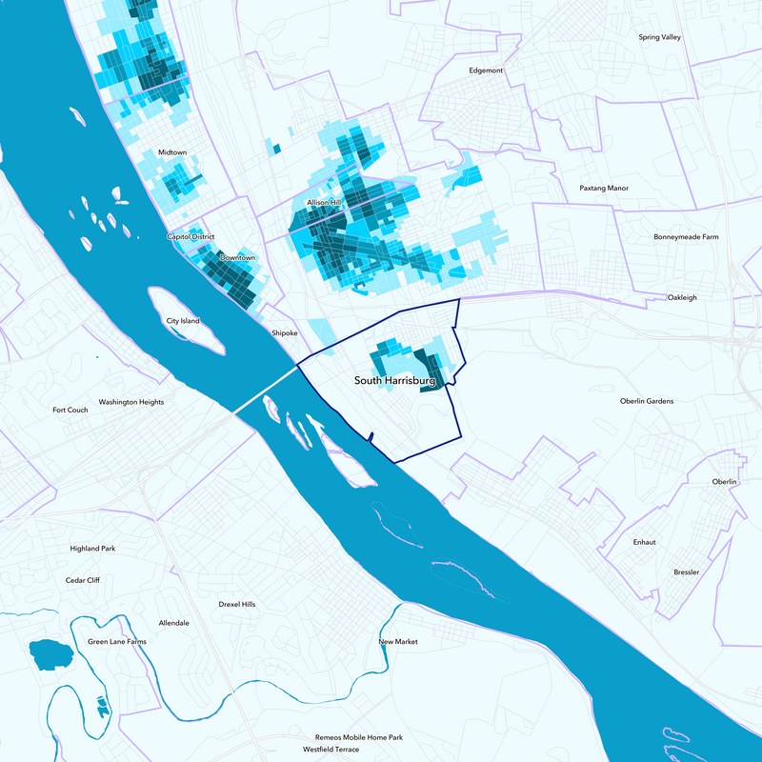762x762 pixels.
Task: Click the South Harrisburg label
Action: [394, 380]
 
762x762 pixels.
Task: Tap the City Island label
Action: [183, 321]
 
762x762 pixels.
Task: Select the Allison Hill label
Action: [323, 204]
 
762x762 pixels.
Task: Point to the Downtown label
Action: [237, 258]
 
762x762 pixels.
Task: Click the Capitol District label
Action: [191, 236]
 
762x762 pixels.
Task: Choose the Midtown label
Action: [172, 152]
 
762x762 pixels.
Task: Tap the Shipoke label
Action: [285, 333]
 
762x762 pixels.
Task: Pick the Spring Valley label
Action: [660, 37]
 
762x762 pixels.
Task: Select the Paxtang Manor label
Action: [605, 189]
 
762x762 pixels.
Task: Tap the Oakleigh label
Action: [682, 297]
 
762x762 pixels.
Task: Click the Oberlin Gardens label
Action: [647, 401]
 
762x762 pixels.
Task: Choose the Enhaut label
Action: [645, 542]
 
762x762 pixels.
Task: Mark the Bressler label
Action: [686, 572]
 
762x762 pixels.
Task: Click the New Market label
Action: [398, 642]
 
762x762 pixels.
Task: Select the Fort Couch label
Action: [70, 411]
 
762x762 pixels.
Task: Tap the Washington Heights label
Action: [131, 402]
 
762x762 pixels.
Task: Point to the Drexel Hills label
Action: [237, 604]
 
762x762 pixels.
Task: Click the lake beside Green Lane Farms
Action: [50, 654]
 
